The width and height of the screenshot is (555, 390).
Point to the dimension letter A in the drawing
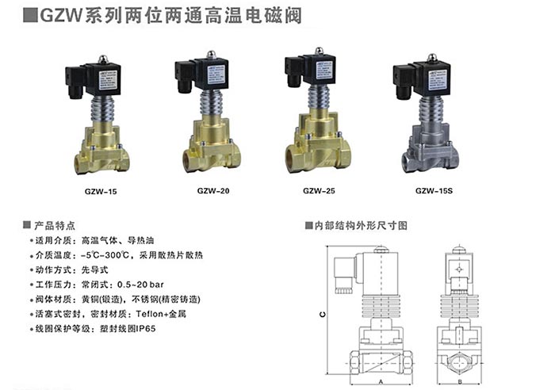[x=381, y=381]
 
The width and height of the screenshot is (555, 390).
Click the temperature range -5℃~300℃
[x=109, y=255]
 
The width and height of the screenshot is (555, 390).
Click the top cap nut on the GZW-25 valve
[x=318, y=52]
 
